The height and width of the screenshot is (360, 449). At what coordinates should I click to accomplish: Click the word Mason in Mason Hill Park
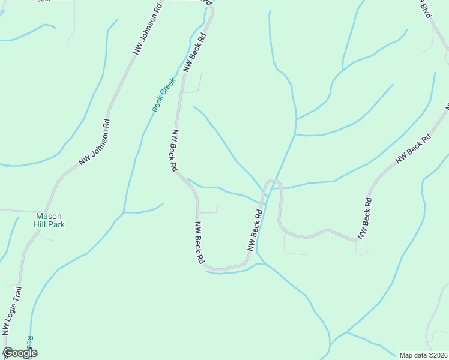pos(49,217)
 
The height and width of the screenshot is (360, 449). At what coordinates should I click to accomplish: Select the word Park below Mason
pos(56,225)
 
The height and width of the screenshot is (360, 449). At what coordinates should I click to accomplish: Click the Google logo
pos(20,353)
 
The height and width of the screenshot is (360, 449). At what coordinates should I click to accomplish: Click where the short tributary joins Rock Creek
pos(124,212)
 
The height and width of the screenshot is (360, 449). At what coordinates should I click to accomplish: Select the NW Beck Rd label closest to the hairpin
pos(255,227)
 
